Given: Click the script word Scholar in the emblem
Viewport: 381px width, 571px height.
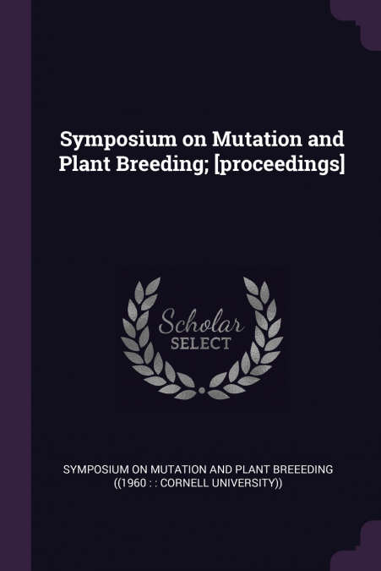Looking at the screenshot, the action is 201,322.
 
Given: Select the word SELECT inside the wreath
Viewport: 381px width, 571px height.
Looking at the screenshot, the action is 201,343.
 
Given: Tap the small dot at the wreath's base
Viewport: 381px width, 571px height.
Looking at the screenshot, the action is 202,391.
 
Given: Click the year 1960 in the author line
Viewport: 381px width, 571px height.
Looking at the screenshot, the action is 131,483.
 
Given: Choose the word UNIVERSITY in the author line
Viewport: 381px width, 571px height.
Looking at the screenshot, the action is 242,483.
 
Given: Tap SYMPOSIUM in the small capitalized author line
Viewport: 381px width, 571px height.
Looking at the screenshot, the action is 95,469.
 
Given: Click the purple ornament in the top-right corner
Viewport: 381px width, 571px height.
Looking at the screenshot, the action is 356,25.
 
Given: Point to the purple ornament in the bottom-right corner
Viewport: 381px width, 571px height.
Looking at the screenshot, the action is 356,546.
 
